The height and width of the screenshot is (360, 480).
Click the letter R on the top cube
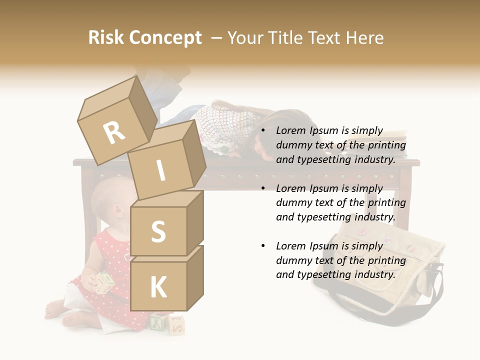tap(114, 132)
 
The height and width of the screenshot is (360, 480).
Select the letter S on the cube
tap(158, 231)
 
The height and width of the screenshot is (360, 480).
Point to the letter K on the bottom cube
tap(158, 287)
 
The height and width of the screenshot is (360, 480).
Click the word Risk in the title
tap(106, 37)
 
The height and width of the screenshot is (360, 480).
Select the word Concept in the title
tap(165, 38)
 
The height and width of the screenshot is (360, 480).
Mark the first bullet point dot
tap(263, 131)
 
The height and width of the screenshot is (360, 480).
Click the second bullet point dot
tap(263, 188)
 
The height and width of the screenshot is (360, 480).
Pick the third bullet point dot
tap(263, 246)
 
